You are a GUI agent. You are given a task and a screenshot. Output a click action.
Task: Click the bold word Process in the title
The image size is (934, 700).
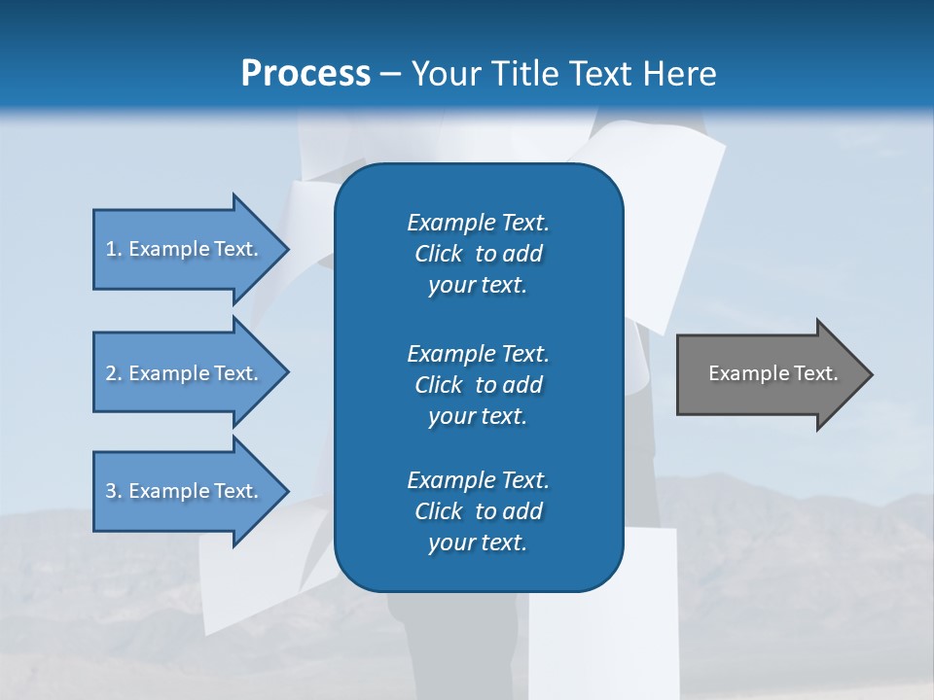[305, 74]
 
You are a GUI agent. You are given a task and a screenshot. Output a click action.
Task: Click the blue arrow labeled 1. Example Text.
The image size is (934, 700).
[185, 249]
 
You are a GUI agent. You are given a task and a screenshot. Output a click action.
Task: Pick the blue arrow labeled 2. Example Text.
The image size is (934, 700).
[185, 373]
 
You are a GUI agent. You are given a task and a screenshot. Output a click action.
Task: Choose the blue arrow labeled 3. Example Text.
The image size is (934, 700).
[185, 491]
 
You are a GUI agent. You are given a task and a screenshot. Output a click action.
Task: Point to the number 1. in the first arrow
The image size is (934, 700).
[113, 249]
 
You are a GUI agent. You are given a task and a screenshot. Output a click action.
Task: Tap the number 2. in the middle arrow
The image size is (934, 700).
[113, 373]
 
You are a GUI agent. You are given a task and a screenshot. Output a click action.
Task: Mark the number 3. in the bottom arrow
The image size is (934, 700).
[113, 491]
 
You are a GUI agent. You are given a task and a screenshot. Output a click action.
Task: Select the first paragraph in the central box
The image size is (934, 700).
[478, 254]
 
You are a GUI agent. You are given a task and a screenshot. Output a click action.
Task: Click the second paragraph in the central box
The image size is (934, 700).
[478, 384]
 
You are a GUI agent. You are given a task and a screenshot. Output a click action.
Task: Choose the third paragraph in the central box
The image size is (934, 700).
[478, 511]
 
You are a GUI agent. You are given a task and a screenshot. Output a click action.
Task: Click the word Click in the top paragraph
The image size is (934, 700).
[439, 254]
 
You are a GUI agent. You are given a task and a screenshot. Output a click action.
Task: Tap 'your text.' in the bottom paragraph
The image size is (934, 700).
[478, 542]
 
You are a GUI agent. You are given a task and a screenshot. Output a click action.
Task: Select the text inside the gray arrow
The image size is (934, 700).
[772, 373]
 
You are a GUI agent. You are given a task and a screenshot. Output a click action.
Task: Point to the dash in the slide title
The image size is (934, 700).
[390, 75]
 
